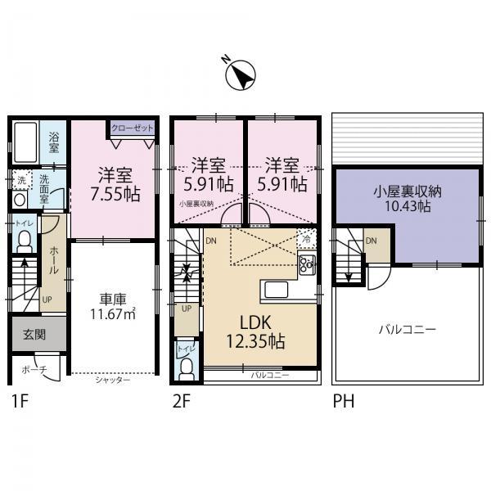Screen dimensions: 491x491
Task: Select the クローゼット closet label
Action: click(131, 128)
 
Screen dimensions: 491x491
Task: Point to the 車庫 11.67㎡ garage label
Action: click(113, 305)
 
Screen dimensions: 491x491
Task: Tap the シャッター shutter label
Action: click(112, 380)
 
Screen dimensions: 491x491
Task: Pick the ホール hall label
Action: click(54, 259)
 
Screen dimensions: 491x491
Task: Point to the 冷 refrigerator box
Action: click(306, 238)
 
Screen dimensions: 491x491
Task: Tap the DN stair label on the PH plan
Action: click(371, 240)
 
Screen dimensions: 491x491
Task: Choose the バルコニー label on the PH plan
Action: click(407, 329)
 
